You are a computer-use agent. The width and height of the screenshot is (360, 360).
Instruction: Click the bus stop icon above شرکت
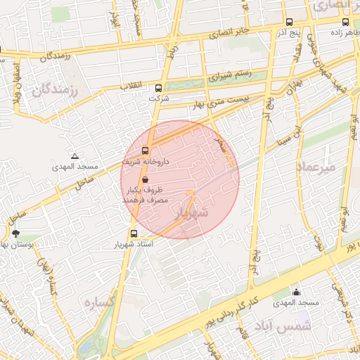tap(158, 89)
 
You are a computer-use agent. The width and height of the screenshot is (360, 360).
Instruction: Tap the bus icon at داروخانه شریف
tap(146, 150)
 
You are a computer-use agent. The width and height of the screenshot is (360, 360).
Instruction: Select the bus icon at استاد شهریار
tap(134, 234)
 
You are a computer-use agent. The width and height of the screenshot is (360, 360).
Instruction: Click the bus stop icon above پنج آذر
tap(290, 22)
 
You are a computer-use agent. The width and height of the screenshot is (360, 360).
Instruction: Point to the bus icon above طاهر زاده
tap(345, 22)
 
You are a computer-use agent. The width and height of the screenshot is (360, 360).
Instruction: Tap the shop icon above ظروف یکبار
tap(145, 180)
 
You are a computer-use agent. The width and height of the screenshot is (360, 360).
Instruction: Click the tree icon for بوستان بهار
tap(15, 233)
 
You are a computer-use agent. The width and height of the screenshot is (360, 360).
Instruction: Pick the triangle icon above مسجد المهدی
tap(75, 156)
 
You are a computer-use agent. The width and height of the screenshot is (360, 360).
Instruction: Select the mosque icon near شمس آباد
tap(296, 292)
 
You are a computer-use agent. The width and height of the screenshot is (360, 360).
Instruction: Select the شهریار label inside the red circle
tap(192, 212)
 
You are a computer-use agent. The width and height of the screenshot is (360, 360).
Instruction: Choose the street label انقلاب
tap(131, 86)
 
